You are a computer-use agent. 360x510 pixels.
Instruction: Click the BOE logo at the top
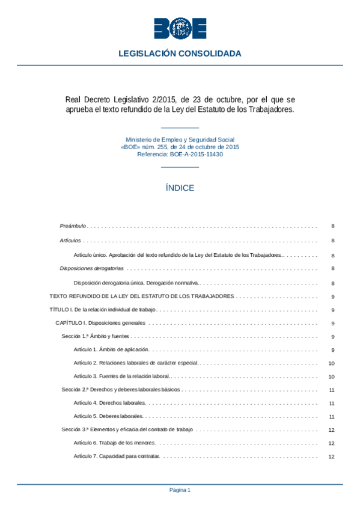pyautogui.click(x=180, y=28)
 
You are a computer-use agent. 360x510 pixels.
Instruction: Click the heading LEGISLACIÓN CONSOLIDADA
pyautogui.click(x=180, y=54)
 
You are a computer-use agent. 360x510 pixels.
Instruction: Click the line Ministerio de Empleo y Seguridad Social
pyautogui.click(x=180, y=139)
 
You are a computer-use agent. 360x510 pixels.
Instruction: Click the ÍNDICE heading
pyautogui.click(x=180, y=188)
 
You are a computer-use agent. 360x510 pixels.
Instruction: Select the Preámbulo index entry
pyautogui.click(x=73, y=227)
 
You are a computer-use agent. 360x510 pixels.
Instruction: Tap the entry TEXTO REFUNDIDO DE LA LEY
pyautogui.click(x=141, y=296)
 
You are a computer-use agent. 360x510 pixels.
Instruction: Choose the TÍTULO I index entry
pyautogui.click(x=102, y=310)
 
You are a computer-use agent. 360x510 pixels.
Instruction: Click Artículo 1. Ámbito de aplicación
pyautogui.click(x=111, y=349)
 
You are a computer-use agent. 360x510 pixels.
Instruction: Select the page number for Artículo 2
pyautogui.click(x=332, y=363)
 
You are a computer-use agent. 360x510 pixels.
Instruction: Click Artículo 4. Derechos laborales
pyautogui.click(x=109, y=403)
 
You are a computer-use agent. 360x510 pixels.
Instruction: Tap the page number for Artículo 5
pyautogui.click(x=332, y=416)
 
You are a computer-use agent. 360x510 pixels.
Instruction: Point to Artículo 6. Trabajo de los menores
pyautogui.click(x=114, y=443)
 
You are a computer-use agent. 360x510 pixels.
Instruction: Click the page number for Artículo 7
pyautogui.click(x=332, y=456)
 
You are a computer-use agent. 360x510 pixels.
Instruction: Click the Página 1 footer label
pyautogui.click(x=180, y=490)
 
